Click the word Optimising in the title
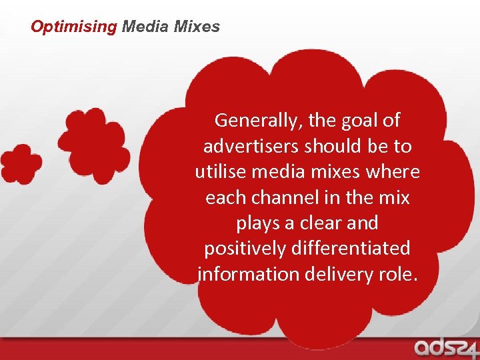click(74, 27)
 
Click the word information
click(247, 273)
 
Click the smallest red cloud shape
click(20, 163)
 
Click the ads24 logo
click(443, 347)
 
